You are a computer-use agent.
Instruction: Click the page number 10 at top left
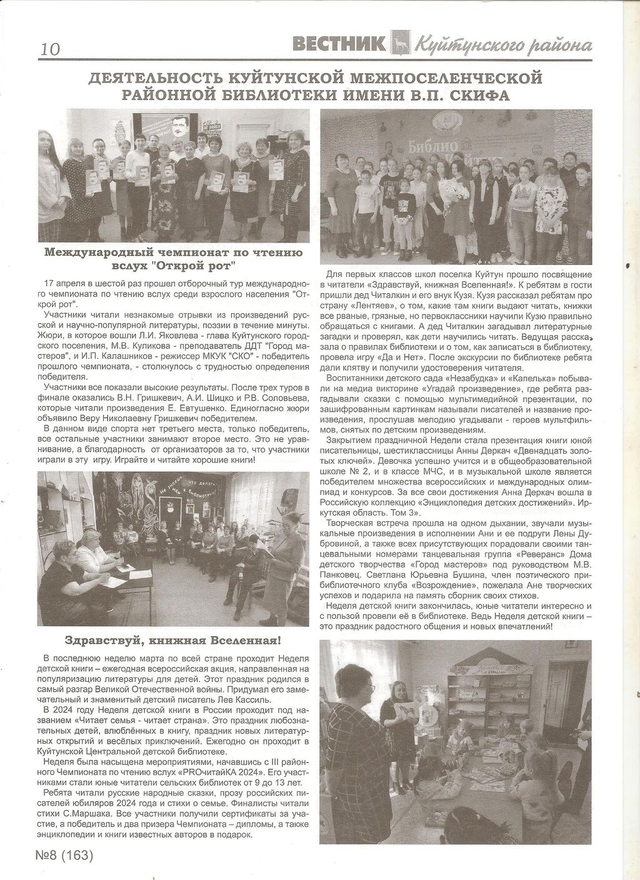(x=50, y=49)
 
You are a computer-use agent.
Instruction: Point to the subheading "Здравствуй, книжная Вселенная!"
(x=173, y=641)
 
